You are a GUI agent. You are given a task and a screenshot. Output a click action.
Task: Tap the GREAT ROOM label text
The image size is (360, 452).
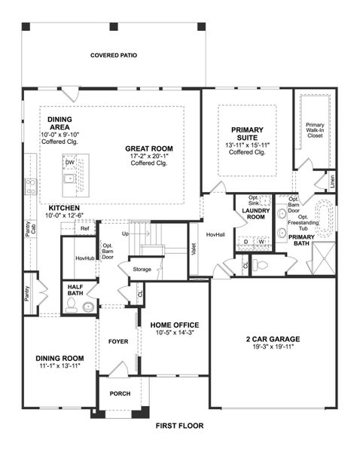point(148,148)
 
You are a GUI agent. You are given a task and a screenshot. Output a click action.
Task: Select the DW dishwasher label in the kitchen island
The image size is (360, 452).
point(69,162)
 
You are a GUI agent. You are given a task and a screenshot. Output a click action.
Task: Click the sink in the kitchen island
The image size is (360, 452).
point(69,179)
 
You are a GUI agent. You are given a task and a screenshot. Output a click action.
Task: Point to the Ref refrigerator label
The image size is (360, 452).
point(84,228)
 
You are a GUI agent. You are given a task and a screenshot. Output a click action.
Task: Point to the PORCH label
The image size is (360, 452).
point(121,393)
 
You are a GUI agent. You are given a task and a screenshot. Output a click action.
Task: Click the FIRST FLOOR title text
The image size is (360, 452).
point(179,426)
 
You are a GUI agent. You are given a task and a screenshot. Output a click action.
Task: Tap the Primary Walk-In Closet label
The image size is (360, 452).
point(315,130)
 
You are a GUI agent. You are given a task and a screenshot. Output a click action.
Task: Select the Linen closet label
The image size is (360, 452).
point(331,182)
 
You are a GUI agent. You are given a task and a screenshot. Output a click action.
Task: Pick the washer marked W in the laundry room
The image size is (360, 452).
point(261,242)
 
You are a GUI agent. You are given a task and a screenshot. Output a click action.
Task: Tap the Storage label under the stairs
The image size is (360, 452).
point(142,269)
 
